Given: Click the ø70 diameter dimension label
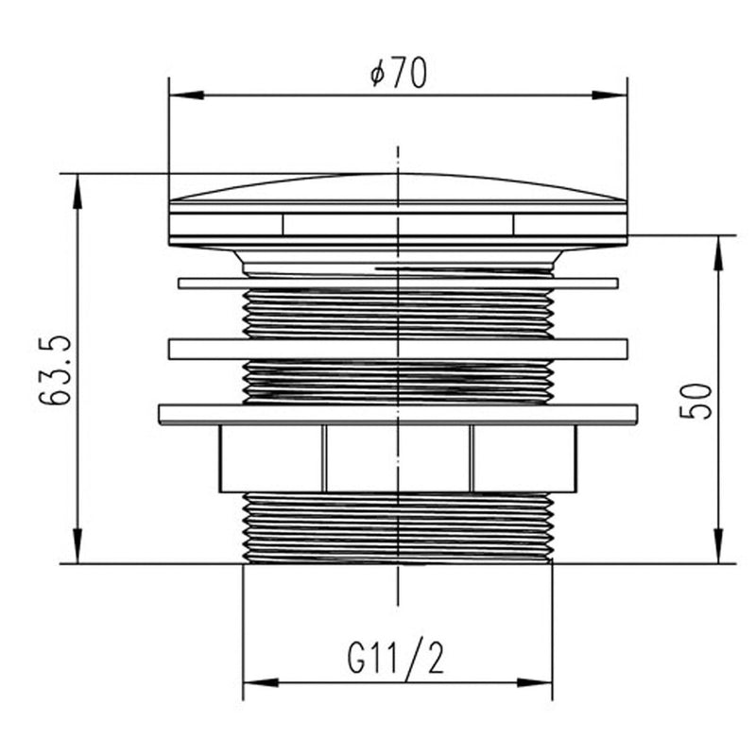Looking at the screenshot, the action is click(398, 73).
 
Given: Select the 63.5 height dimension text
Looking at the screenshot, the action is click(55, 369).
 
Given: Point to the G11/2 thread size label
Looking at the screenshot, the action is click(395, 656).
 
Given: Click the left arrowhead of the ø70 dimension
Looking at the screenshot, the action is click(186, 95).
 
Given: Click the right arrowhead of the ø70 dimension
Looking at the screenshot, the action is click(610, 95).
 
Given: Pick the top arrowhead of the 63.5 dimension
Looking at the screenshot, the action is click(77, 191).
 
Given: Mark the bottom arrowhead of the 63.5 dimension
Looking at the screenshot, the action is click(77, 546).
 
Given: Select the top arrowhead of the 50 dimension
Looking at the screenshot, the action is click(718, 253).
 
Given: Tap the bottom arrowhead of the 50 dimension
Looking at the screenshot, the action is click(718, 546).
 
